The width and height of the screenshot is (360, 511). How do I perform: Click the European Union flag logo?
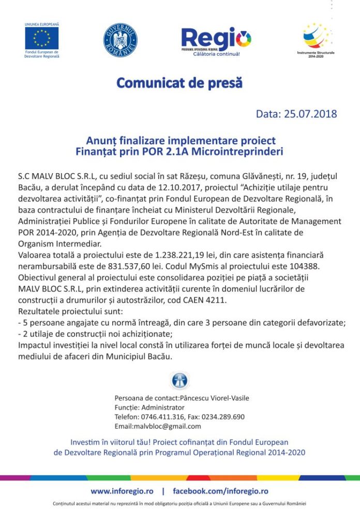point(42,38)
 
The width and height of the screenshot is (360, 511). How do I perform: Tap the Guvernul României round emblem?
point(120,39)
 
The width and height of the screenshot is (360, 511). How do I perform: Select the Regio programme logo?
point(216,40)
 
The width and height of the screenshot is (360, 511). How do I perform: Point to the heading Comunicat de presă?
point(179,83)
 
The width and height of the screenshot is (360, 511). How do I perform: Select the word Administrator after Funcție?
point(163,408)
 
